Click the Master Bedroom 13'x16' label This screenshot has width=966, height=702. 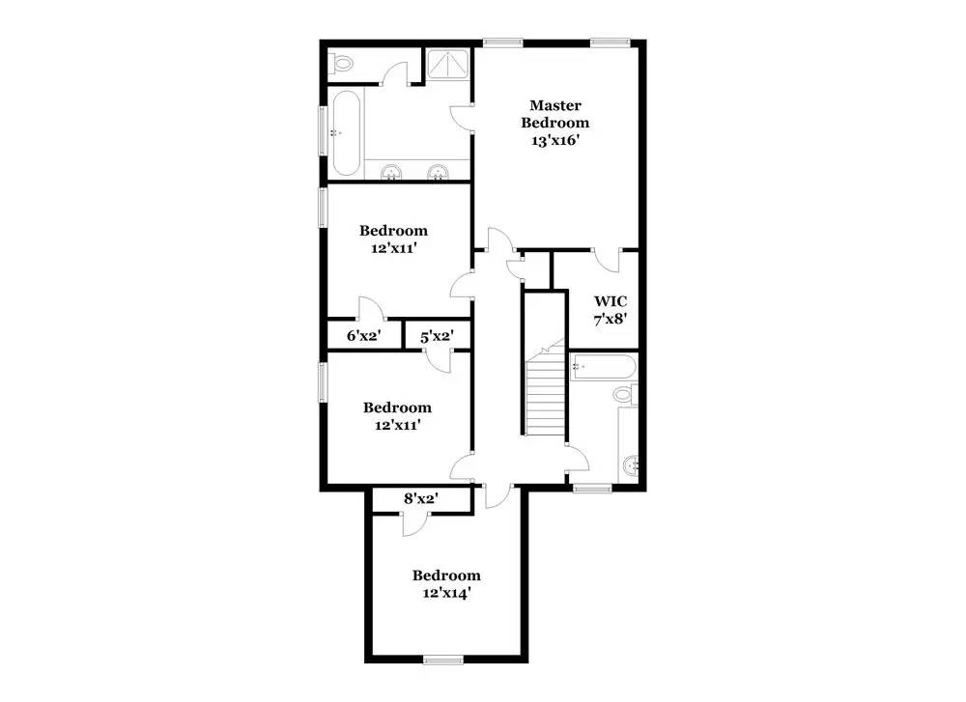(x=554, y=124)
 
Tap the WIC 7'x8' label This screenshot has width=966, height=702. (x=611, y=310)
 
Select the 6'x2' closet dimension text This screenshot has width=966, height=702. (x=363, y=336)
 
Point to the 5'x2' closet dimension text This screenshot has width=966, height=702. (x=437, y=336)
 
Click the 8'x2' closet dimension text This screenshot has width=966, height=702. (x=421, y=498)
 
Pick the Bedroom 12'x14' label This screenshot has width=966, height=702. (x=446, y=584)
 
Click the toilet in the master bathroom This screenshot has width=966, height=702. (x=340, y=63)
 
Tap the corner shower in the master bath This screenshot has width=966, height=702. (x=448, y=64)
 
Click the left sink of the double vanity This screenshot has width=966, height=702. (x=390, y=173)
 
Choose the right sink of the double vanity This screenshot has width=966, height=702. (x=438, y=173)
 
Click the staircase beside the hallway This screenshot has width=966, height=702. (x=545, y=394)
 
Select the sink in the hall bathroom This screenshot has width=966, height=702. (x=632, y=466)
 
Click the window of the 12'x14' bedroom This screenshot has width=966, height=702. (x=443, y=660)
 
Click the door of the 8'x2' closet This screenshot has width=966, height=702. (x=414, y=523)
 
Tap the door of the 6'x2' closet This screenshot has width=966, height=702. (x=372, y=309)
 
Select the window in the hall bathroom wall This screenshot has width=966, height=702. (x=592, y=489)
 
